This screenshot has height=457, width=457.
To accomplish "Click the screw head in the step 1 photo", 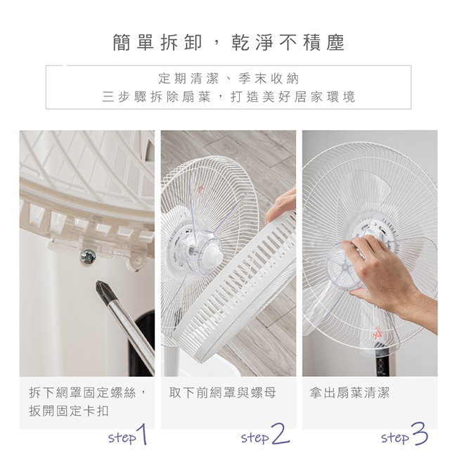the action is point(88,257).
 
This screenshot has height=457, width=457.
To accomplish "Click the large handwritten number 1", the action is point(143,434).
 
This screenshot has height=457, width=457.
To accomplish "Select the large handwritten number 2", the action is point(280,434).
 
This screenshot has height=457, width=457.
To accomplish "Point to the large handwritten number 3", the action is point(420,433).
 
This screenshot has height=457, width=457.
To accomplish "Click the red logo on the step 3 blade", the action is point(378,333).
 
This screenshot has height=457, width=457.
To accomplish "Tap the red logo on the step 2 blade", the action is point(200,190).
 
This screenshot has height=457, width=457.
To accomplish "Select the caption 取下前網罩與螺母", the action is point(222,392).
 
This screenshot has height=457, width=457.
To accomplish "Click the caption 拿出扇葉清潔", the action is point(349,392).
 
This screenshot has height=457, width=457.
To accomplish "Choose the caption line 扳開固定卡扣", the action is point(69,411).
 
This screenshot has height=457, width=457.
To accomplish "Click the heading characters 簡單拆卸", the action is point(157,42).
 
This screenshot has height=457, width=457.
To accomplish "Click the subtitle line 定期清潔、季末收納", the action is point(228,79).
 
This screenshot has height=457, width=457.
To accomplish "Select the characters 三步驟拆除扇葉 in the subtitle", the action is point(156,97).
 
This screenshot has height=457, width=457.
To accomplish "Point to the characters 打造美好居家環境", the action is point(292,97).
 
